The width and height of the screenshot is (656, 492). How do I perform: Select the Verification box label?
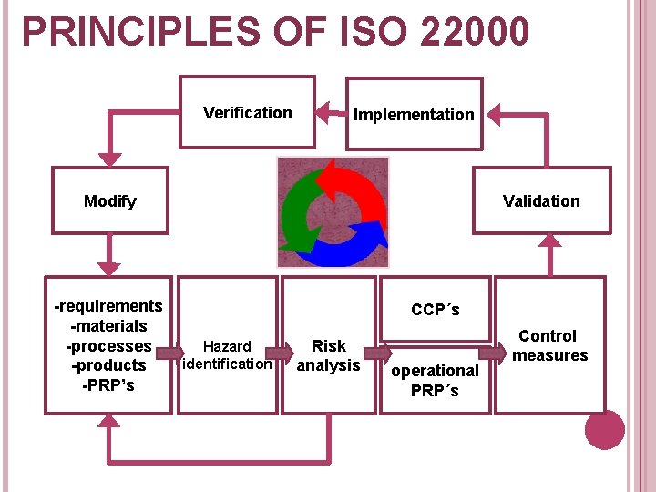(x=248, y=113)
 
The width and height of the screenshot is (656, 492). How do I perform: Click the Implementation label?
(x=414, y=115)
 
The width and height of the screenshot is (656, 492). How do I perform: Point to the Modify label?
(x=109, y=201)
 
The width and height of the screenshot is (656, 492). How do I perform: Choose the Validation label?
(x=541, y=201)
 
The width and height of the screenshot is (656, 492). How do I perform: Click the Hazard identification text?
(x=227, y=355)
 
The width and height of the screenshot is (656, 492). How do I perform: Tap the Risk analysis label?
(x=329, y=355)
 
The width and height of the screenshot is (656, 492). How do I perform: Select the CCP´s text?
(x=436, y=310)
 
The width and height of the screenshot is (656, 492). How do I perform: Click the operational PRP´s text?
(x=435, y=380)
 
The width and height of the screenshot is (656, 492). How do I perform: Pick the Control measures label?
(x=549, y=345)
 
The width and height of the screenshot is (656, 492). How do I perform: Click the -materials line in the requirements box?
(x=108, y=326)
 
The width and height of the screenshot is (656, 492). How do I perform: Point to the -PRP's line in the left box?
(x=108, y=384)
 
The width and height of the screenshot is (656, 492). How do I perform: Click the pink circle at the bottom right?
(x=604, y=429)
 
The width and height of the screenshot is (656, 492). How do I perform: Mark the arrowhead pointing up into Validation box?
(x=549, y=241)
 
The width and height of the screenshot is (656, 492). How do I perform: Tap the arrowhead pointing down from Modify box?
(x=109, y=268)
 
